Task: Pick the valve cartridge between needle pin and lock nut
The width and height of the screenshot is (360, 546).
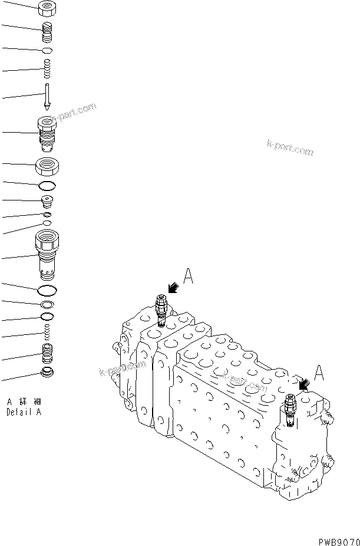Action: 47,134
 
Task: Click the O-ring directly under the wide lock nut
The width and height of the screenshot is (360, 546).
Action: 47,187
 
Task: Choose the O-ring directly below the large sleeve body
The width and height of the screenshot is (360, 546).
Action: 47,291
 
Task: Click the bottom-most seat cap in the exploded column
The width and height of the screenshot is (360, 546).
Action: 47,373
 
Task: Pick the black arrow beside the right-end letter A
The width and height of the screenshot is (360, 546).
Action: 305,384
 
